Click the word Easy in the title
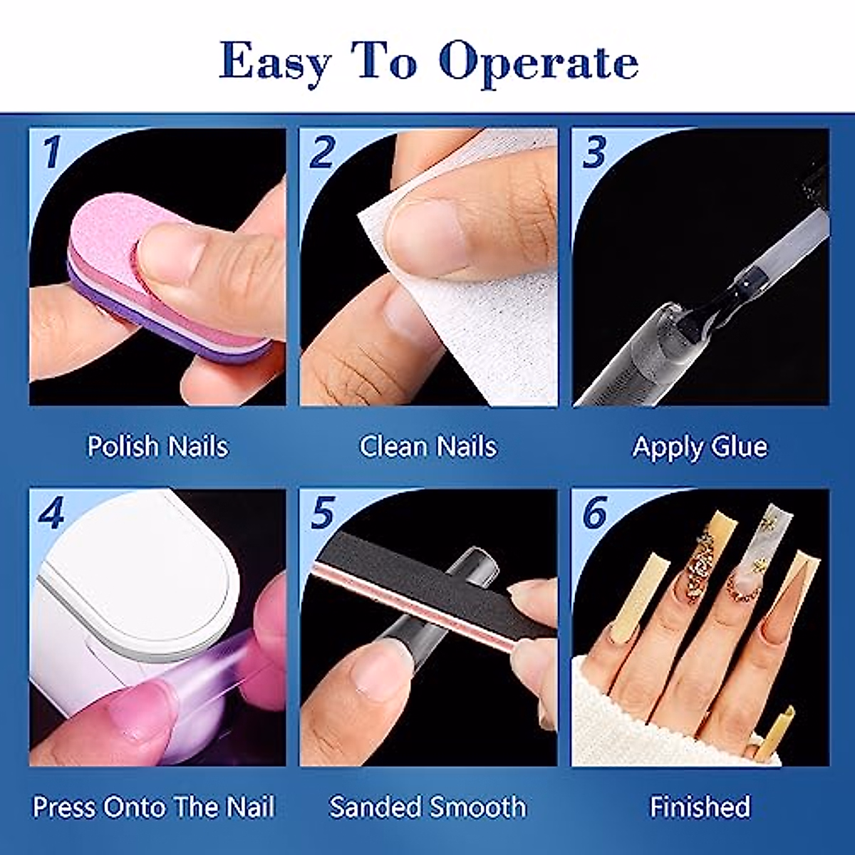coord(275,63)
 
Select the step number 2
coord(322,152)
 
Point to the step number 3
coord(594,152)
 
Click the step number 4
coord(51,512)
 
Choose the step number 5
coord(322,512)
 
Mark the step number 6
coord(594,512)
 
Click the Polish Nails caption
coord(157,447)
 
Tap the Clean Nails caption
coord(427,447)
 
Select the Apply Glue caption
coord(700,447)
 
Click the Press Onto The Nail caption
coord(154,807)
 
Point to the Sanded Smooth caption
coord(427,807)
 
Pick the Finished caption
coord(700,807)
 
